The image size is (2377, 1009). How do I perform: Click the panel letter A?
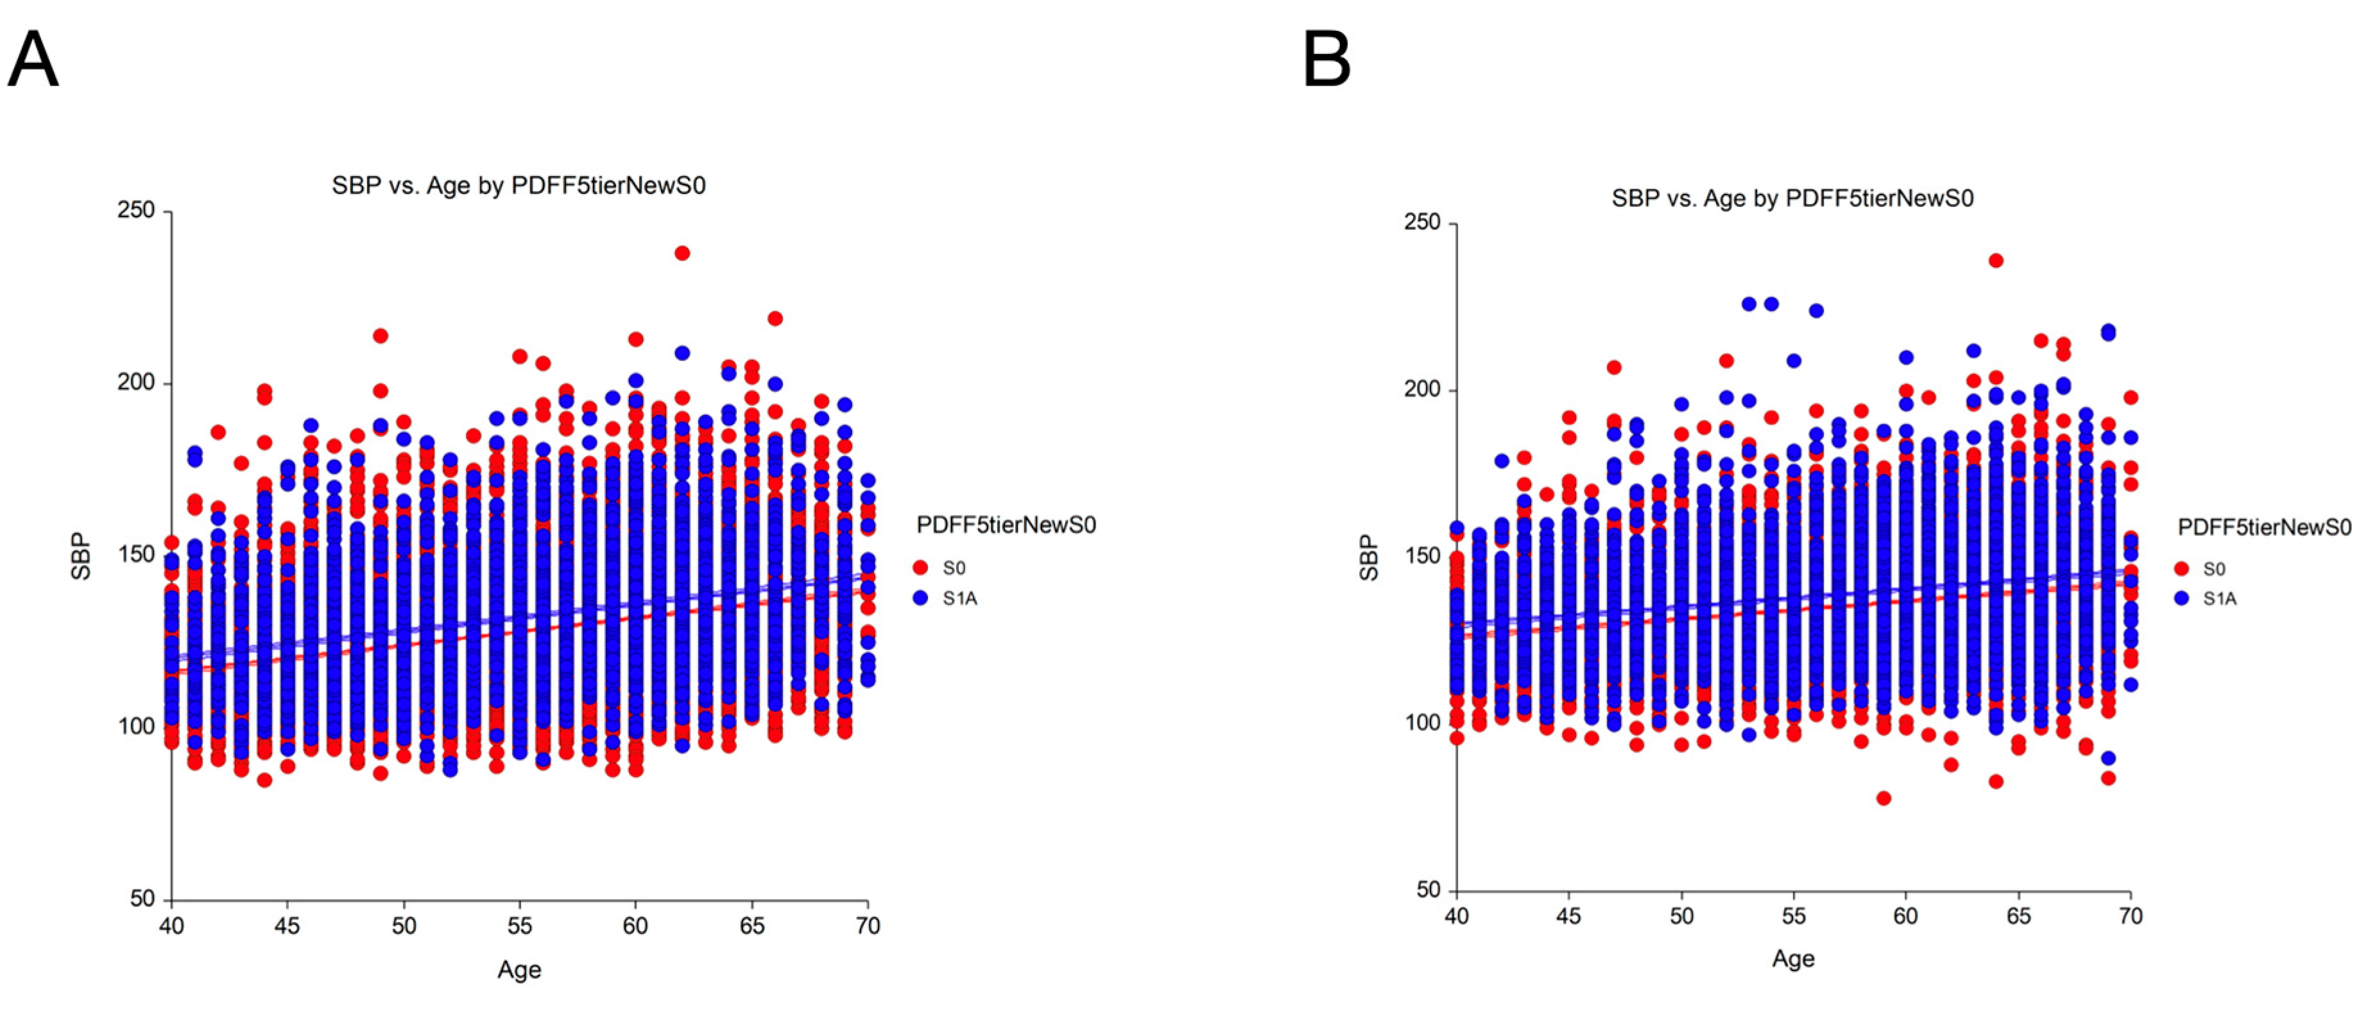[33, 59]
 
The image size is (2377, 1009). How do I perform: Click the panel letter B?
[1326, 59]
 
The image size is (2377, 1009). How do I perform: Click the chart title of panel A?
[519, 186]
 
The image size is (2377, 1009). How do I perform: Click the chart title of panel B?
[1792, 198]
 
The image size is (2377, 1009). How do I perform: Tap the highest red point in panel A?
[682, 253]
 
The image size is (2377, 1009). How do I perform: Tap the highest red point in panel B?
[1996, 260]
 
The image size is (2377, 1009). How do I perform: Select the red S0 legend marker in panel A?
[920, 568]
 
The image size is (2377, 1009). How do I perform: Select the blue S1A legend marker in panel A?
[920, 598]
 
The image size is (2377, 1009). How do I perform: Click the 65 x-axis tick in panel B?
[2018, 917]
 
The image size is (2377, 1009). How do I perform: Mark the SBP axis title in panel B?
[1369, 557]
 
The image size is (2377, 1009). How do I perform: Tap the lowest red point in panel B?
[1884, 798]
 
